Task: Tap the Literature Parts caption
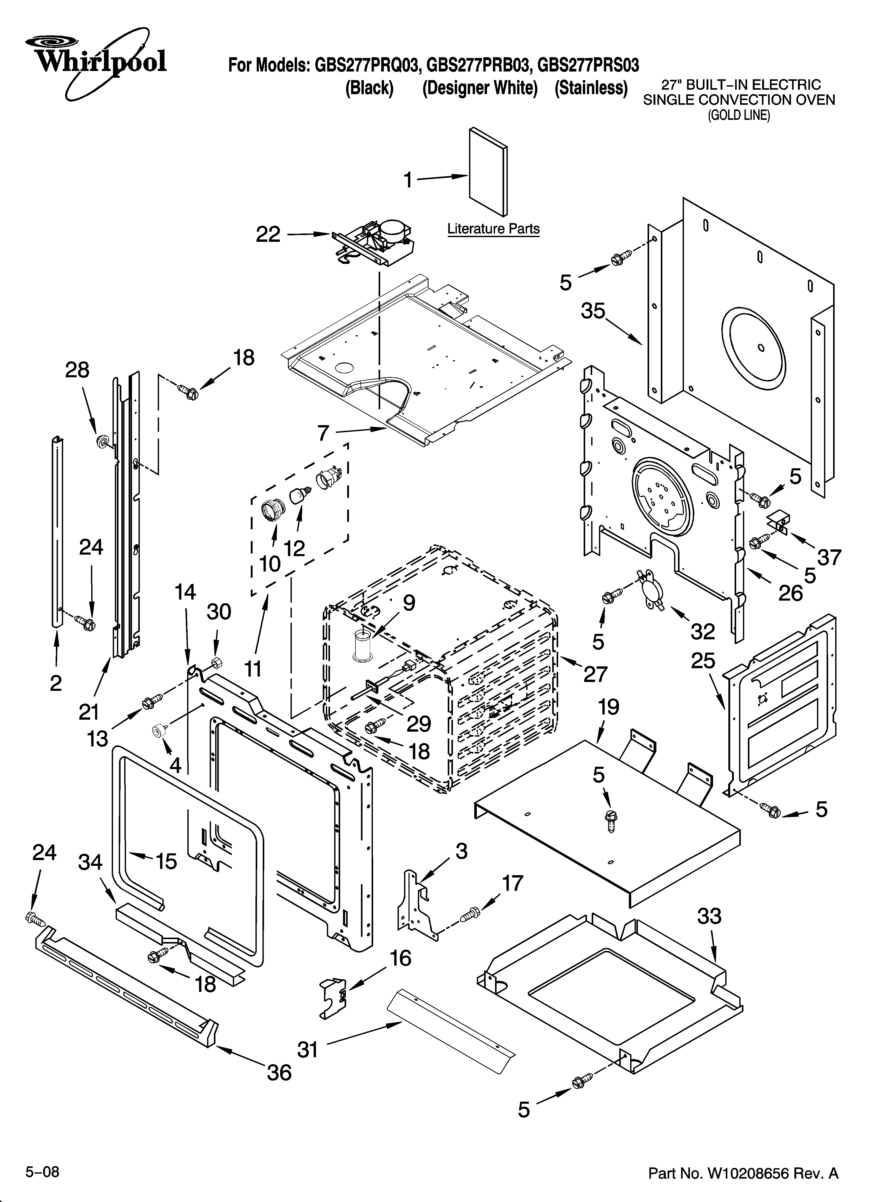pyautogui.click(x=493, y=229)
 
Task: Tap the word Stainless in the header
pyautogui.click(x=591, y=88)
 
